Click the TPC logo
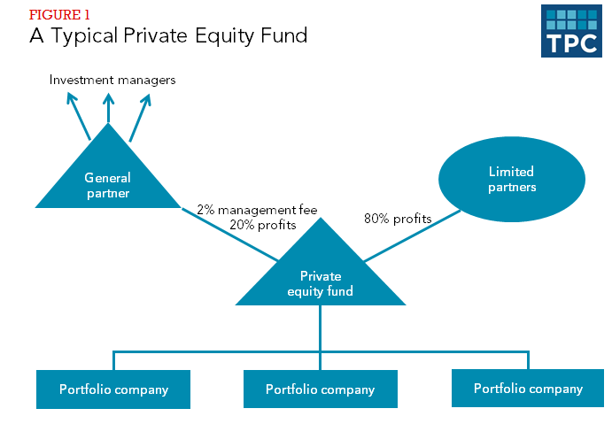point(569,31)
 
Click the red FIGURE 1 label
point(58,15)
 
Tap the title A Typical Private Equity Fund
point(168,36)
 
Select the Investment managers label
point(112,80)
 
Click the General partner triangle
point(108,177)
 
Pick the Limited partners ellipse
point(511,179)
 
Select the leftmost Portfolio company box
point(113,389)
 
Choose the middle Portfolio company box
point(321,389)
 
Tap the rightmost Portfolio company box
point(528,388)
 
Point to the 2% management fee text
point(257,210)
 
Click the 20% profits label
point(262,225)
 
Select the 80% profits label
point(398,218)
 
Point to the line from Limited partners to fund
point(412,235)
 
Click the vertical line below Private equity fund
point(321,328)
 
